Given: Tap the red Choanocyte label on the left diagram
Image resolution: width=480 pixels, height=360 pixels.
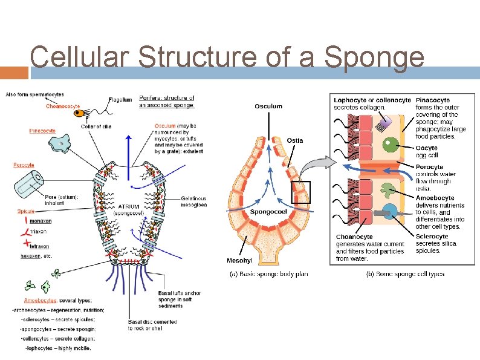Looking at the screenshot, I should (x=63, y=106).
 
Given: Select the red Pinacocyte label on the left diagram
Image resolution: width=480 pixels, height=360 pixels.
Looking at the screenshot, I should (x=42, y=131).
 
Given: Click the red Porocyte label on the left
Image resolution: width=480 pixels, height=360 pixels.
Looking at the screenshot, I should (x=24, y=165).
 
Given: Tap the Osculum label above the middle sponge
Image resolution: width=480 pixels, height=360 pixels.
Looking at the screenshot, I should (x=268, y=106).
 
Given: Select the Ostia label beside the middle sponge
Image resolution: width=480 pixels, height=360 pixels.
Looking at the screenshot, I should (x=295, y=140).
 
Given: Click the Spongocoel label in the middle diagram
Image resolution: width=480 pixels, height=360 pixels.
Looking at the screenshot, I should (x=268, y=212).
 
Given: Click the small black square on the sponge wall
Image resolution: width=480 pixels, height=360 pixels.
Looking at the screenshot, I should (x=300, y=192).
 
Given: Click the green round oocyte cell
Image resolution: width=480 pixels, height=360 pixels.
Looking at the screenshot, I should (x=391, y=146).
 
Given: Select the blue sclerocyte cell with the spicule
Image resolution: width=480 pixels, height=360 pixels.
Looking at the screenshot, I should (x=390, y=213).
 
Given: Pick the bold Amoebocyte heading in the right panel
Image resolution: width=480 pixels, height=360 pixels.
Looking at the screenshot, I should (x=435, y=198).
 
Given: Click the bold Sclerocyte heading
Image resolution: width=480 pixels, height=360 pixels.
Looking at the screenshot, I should (x=432, y=237).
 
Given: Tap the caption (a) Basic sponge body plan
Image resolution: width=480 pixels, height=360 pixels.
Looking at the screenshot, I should (x=268, y=274).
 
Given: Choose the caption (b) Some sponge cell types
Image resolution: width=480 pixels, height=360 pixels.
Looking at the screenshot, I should (x=406, y=274).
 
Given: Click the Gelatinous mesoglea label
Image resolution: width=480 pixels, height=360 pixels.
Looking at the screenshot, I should (x=193, y=201).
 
